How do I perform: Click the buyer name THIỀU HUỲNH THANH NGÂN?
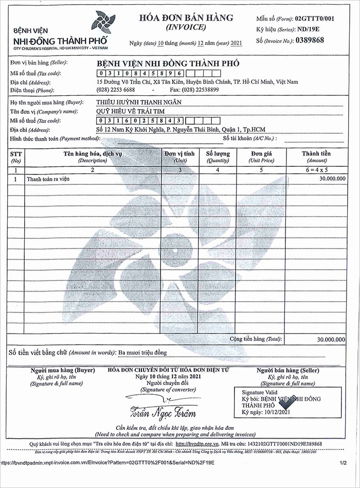point(139,102)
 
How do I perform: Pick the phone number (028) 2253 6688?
point(116,90)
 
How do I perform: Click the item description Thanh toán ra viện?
point(48,179)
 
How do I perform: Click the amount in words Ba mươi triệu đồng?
point(142,353)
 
